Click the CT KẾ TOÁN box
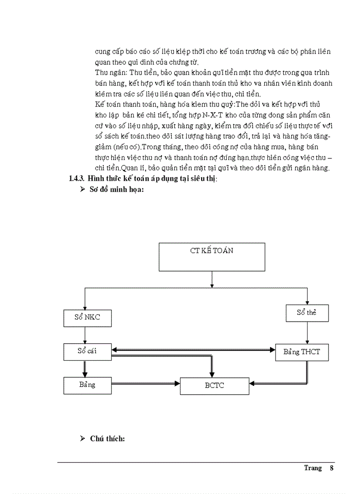point(211,256)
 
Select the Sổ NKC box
point(86,317)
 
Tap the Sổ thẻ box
point(307,313)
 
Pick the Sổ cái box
point(87,351)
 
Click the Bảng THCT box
point(301,353)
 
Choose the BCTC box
point(214,385)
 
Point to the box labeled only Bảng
point(87,385)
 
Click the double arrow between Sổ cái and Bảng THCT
point(193,350)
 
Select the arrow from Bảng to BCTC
point(146,383)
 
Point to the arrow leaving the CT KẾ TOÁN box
point(211,278)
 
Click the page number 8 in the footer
point(332,468)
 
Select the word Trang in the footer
point(313,468)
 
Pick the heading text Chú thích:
point(108,438)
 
